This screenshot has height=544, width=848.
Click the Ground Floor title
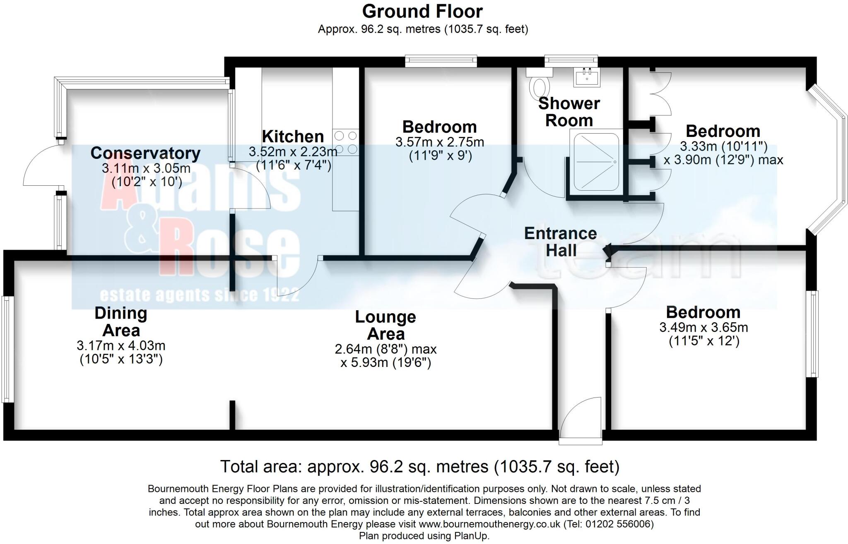click(422, 12)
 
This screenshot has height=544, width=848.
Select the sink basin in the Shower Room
click(587, 77)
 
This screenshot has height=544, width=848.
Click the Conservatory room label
click(145, 153)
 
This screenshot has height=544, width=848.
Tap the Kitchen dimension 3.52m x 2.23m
click(293, 152)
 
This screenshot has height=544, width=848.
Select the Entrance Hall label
click(561, 242)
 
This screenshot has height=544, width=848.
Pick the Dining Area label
click(120, 321)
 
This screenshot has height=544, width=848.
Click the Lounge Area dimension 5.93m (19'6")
click(385, 363)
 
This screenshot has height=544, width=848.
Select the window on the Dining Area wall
click(6, 348)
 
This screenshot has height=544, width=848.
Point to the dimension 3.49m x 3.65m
click(703, 328)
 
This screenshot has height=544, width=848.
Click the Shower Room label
click(569, 112)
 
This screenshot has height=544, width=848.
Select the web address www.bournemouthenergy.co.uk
click(489, 524)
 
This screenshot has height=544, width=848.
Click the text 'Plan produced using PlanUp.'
click(424, 536)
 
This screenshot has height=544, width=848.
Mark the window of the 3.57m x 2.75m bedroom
click(441, 61)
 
